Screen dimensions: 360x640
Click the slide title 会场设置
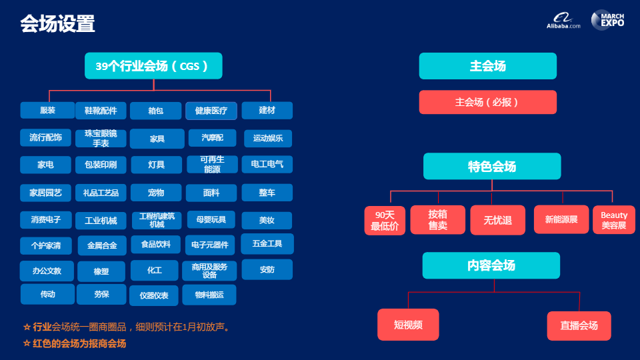pos(57,24)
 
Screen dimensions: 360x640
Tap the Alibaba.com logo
pos(563,21)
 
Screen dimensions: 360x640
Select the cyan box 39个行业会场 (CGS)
pos(153,66)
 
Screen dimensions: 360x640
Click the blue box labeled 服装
pos(47,110)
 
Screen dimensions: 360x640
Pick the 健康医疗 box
pos(211,111)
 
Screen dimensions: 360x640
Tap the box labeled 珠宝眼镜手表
pos(101,138)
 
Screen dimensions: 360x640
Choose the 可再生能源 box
pos(213,164)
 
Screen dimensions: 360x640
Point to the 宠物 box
pos(156,193)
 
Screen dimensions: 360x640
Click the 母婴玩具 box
pos(211,219)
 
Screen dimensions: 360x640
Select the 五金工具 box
pos(267,244)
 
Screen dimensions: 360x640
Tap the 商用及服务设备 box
pos(209,270)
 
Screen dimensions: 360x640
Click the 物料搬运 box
pos(209,294)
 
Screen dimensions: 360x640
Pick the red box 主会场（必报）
pos(487,102)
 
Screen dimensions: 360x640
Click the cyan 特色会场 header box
pos(492,166)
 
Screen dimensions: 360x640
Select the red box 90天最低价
pos(385,220)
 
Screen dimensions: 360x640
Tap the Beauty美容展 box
pos(614,220)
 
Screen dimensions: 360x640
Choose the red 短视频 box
pos(408,325)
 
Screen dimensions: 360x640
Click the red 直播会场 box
pos(579,325)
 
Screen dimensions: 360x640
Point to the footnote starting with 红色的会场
pos(75,343)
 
